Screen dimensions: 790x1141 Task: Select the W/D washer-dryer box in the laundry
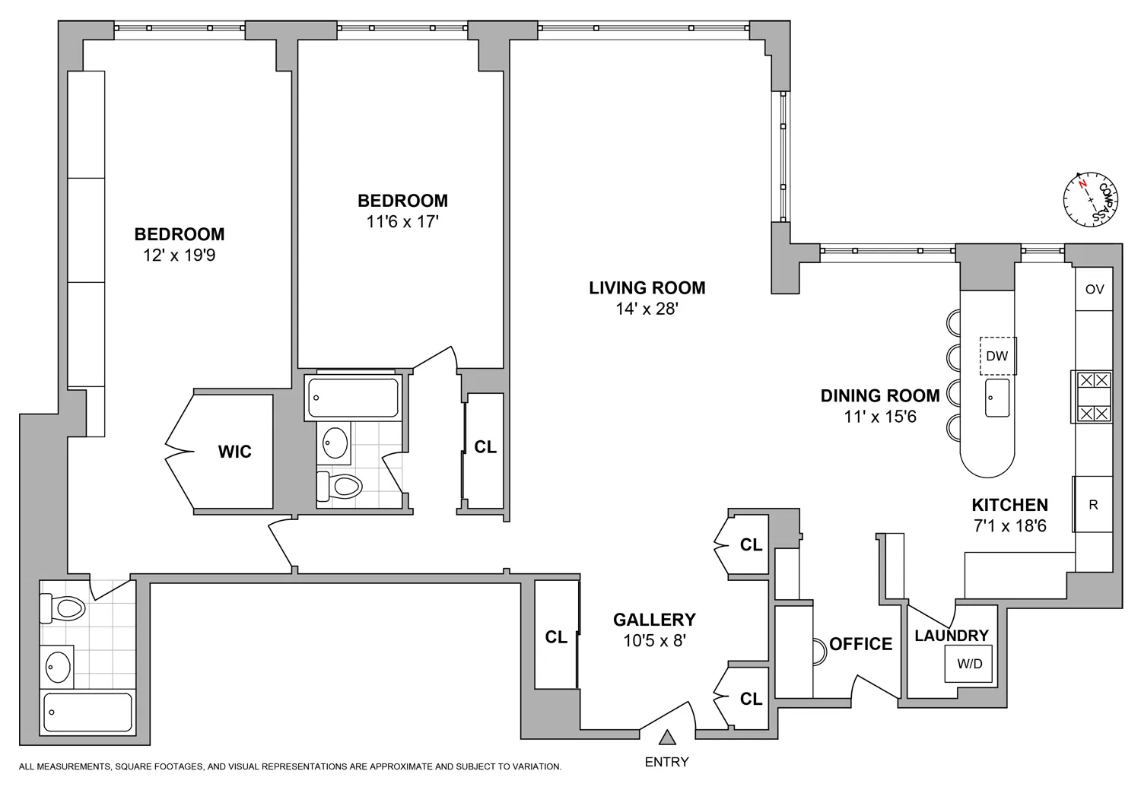[969, 664]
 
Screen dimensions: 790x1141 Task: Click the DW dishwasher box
[997, 356]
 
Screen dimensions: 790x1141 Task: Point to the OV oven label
[1094, 289]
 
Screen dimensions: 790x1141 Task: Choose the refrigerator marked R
[1093, 504]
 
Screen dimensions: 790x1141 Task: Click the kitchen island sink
[997, 398]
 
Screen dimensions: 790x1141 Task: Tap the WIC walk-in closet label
[234, 452]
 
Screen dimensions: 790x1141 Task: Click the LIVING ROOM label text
[647, 287]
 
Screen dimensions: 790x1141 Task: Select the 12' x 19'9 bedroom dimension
[180, 255]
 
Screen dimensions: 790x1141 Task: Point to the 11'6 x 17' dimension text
[402, 222]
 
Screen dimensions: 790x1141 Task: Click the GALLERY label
[654, 620]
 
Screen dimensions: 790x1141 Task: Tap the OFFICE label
[860, 644]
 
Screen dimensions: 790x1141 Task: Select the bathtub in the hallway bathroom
[352, 398]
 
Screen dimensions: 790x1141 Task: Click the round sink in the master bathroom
[58, 667]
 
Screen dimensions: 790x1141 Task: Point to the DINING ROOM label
[879, 395]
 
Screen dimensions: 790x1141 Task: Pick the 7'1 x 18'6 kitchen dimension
[1010, 525]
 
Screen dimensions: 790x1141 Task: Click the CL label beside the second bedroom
[485, 447]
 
